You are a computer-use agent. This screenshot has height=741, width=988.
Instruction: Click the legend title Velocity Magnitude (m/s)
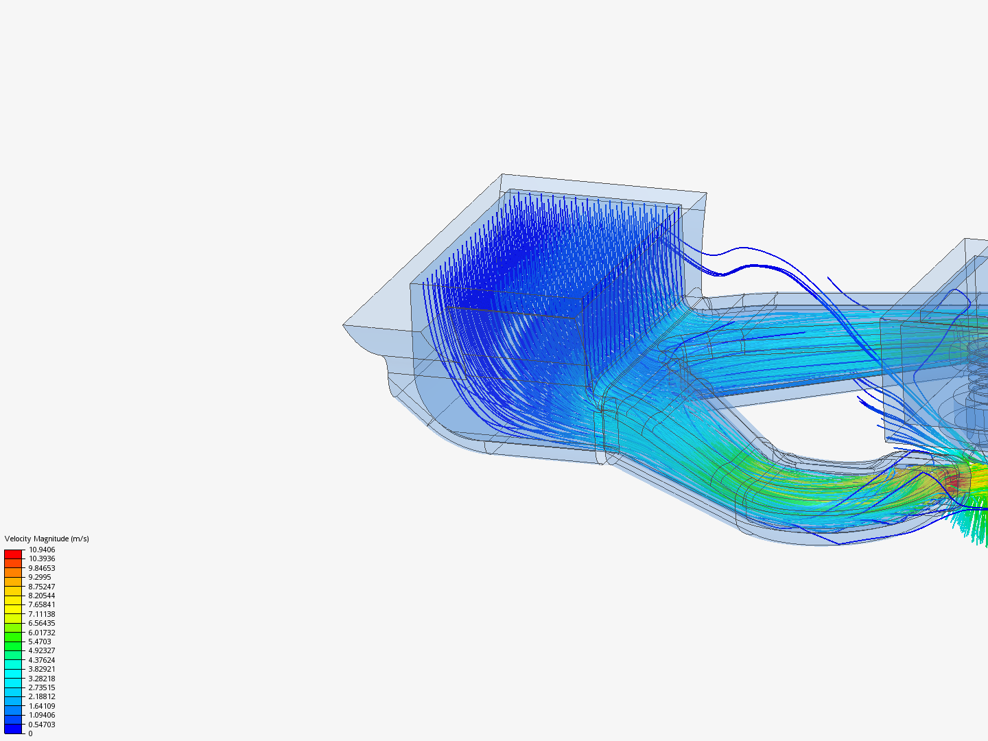[47, 539]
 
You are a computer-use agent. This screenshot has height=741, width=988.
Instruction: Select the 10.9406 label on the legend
[42, 550]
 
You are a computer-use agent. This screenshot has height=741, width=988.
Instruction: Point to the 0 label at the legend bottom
[30, 733]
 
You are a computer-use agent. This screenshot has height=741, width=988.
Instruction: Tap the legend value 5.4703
[40, 642]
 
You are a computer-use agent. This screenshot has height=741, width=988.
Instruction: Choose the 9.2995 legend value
[40, 577]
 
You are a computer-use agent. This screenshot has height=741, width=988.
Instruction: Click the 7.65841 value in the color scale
[42, 604]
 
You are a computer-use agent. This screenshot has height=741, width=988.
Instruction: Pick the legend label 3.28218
[42, 679]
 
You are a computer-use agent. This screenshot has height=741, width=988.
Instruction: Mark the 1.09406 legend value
[42, 715]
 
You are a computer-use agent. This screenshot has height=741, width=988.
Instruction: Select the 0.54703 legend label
[42, 725]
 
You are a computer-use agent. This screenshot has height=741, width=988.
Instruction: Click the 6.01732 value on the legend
[42, 633]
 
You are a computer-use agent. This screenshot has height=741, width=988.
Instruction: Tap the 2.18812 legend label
[42, 696]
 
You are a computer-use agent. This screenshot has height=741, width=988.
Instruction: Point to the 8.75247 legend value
[42, 587]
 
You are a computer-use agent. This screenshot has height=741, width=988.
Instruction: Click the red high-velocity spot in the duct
[955, 482]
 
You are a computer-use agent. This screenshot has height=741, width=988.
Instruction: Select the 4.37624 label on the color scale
[42, 660]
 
